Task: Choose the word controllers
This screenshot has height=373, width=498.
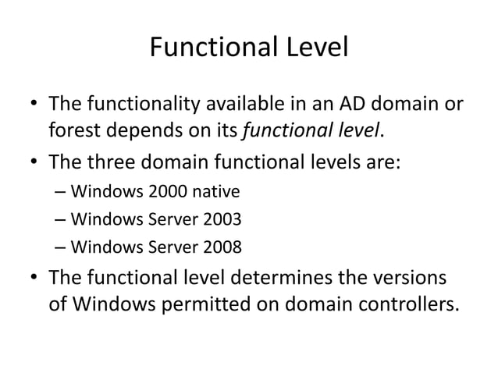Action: coord(403,305)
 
